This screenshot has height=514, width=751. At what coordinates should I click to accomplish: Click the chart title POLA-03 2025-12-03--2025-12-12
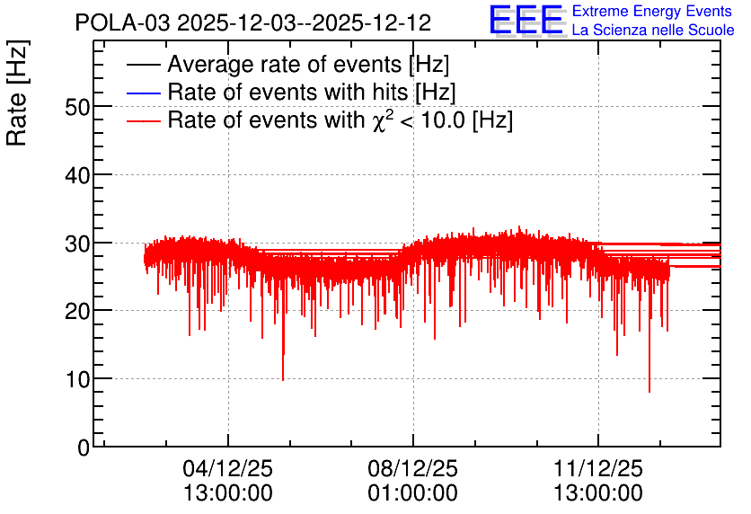point(253,22)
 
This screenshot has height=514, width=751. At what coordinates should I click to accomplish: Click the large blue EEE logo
point(526,20)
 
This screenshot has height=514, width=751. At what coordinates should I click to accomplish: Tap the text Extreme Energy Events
point(652,11)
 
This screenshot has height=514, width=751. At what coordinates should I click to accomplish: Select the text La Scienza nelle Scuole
point(653,30)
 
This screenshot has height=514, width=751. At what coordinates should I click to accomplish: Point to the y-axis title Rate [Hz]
point(17,93)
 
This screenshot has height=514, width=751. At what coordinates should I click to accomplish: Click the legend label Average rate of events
point(308,64)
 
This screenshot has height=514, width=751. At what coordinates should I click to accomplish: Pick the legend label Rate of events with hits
point(312,92)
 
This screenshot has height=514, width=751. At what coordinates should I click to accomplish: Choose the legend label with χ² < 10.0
point(340,120)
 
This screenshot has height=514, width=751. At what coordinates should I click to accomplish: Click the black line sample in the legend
point(143,65)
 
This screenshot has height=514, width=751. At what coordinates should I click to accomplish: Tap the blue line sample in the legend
point(143,93)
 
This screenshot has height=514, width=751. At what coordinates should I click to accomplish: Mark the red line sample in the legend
point(143,120)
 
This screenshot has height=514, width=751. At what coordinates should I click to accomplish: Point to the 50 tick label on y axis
point(77,107)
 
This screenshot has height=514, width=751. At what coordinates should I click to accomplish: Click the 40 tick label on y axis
point(77,175)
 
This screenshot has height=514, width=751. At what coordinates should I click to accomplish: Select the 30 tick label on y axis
point(77,244)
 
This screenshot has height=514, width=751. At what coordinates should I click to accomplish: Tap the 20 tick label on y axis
point(77,312)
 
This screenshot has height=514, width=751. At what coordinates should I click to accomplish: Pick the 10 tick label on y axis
point(77,380)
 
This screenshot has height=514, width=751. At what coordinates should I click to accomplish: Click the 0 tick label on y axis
point(84,448)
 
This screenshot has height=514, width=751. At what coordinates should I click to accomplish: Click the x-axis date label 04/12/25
point(227,468)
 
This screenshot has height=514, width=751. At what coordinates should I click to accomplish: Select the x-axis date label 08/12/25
point(413,468)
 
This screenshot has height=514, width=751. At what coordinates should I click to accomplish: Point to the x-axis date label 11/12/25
point(598,468)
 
